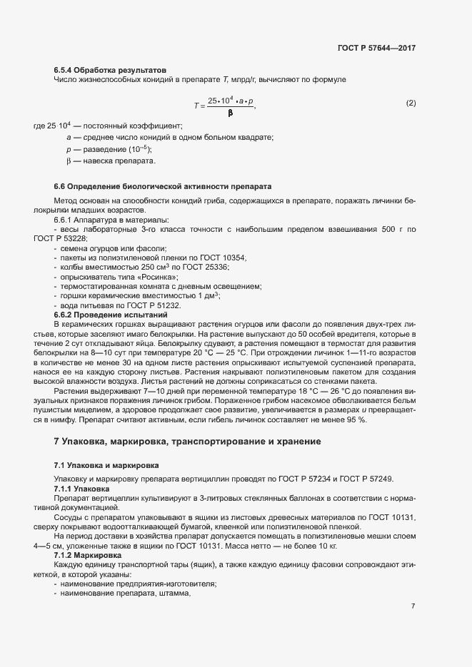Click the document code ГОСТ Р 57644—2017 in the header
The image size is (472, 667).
[x=376, y=48]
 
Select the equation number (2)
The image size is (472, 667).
[x=411, y=103]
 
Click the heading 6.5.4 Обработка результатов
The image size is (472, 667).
[x=110, y=70]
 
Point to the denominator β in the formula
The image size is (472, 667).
[x=230, y=113]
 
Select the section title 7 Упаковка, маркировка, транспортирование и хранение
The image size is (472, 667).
[x=187, y=442]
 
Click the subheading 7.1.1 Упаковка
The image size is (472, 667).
[x=81, y=489]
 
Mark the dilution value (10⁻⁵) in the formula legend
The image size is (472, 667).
[x=137, y=149]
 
